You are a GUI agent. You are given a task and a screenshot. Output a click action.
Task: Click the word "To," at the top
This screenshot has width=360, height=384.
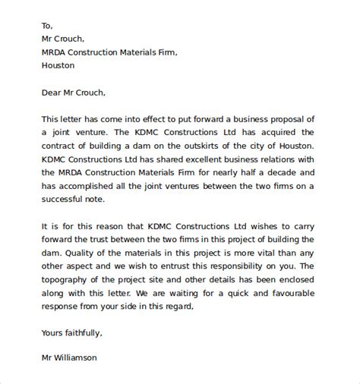46,24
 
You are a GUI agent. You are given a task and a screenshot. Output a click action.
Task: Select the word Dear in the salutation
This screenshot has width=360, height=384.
52,93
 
